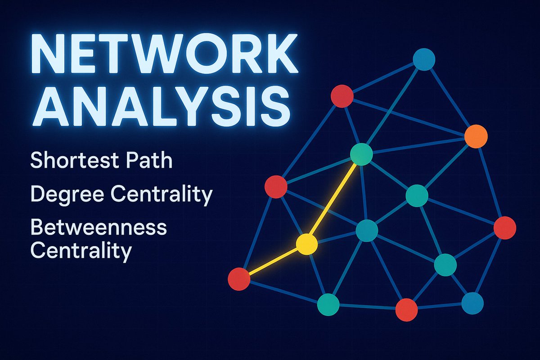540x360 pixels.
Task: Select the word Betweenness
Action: tap(99, 228)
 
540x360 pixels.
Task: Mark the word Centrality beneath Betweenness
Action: tap(81, 250)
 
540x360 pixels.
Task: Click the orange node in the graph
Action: tap(476, 136)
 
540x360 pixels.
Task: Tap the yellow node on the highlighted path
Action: tap(307, 244)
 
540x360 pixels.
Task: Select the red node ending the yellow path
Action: tap(239, 279)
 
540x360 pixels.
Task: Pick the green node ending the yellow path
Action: tap(361, 154)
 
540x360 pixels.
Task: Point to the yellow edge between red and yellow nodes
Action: tap(273, 261)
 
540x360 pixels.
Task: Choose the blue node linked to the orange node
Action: tap(423, 59)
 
